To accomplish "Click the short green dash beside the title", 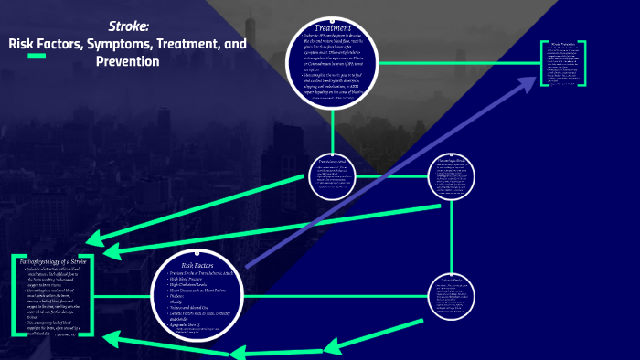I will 37,57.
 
